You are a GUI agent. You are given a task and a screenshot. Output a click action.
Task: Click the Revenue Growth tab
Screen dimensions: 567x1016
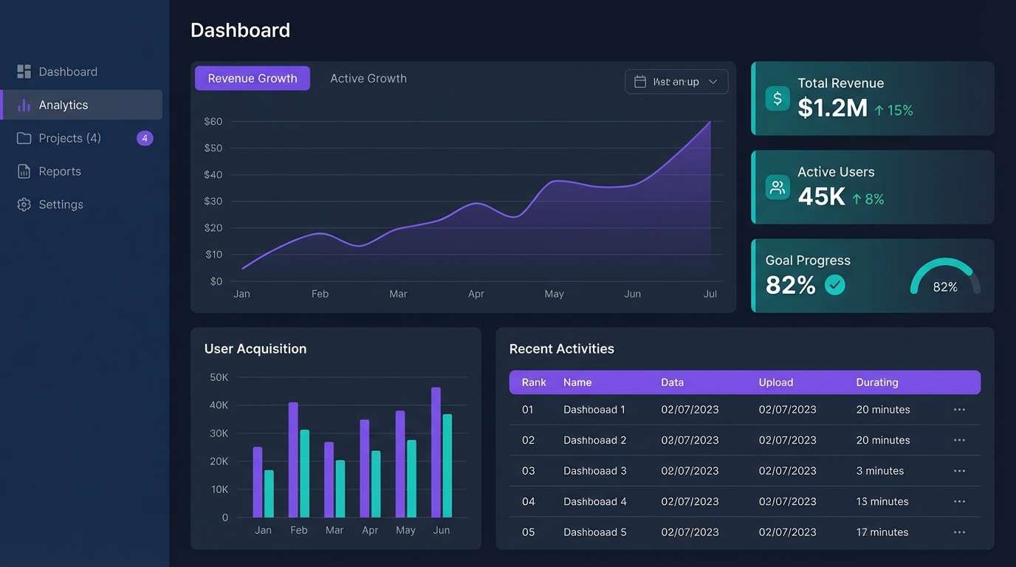click(252, 78)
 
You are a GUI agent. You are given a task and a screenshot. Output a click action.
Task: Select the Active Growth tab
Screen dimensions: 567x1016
click(368, 78)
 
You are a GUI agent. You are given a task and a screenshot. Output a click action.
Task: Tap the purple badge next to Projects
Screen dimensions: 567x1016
click(145, 138)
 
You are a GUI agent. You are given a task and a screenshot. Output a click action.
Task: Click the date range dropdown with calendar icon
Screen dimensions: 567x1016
click(676, 81)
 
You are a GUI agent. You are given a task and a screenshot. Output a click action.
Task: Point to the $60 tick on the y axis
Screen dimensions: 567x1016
click(213, 121)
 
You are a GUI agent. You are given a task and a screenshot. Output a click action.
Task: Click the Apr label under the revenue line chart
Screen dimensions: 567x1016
click(476, 294)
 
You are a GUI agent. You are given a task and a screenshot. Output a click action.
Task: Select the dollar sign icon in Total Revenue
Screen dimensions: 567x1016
click(777, 98)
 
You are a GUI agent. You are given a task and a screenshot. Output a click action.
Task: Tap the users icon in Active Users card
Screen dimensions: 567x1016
click(777, 187)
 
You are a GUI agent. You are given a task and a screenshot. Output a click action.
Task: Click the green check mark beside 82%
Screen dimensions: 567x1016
click(834, 285)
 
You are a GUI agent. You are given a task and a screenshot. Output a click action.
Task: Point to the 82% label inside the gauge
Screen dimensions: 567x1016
click(945, 287)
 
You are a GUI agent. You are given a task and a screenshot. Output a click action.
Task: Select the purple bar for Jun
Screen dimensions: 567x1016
click(436, 452)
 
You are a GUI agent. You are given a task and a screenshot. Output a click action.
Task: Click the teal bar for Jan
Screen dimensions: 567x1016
click(269, 493)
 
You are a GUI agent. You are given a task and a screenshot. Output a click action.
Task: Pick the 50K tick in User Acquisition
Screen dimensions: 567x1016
click(219, 377)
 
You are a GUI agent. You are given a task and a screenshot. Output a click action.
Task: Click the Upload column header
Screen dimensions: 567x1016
click(775, 382)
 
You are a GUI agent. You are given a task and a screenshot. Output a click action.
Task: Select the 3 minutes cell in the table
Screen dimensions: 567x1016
click(879, 471)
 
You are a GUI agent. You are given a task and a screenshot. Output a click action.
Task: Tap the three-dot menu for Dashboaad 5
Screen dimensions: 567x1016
click(959, 532)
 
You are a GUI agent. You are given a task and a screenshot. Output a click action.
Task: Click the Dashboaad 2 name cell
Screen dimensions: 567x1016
click(594, 440)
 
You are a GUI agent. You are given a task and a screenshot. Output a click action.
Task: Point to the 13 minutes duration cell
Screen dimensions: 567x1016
click(882, 501)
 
